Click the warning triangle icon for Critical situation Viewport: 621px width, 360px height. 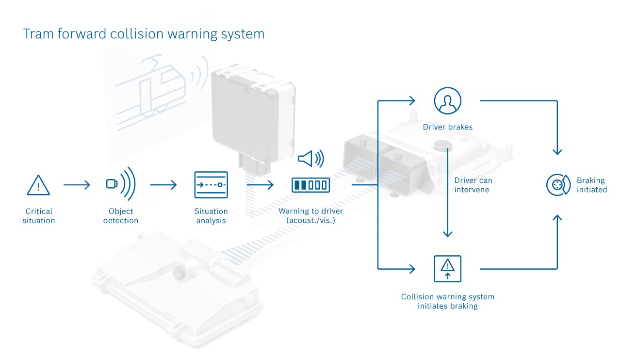[38, 185]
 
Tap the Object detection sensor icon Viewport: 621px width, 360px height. [120, 184]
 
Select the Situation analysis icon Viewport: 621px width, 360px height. [211, 184]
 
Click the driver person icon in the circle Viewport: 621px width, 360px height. [447, 101]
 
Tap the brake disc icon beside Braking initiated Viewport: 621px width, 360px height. [558, 185]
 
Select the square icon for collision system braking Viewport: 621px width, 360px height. [447, 268]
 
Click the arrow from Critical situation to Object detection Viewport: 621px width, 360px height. [77, 185]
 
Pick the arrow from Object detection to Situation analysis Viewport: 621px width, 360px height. [163, 185]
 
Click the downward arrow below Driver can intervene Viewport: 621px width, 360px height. [447, 218]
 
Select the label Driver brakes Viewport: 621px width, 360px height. [447, 128]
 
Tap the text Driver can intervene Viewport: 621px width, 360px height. [473, 185]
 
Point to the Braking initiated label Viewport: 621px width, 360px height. [591, 185]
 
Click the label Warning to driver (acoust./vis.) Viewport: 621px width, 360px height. [310, 216]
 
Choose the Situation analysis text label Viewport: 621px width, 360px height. [211, 216]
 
